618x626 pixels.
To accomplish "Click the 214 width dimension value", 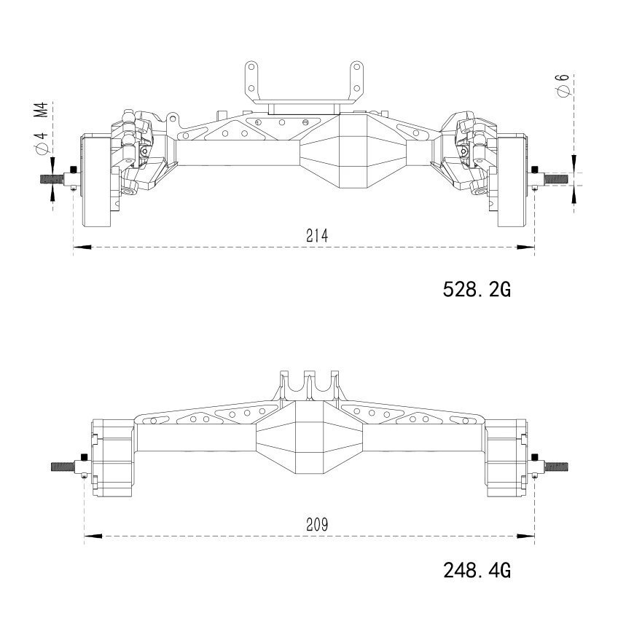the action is [x=316, y=236].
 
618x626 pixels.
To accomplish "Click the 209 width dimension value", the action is [x=316, y=525].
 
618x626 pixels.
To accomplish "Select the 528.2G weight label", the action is [x=477, y=289].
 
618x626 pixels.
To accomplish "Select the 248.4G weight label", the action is [x=477, y=570].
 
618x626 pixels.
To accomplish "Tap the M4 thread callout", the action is [x=41, y=110].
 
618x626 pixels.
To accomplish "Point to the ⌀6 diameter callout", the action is [x=563, y=85].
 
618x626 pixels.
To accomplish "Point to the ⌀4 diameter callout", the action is [x=41, y=143].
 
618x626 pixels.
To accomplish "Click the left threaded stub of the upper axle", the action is [x=52, y=179].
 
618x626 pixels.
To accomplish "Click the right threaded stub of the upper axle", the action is [x=555, y=178].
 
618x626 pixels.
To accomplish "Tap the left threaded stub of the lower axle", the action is [x=63, y=467].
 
